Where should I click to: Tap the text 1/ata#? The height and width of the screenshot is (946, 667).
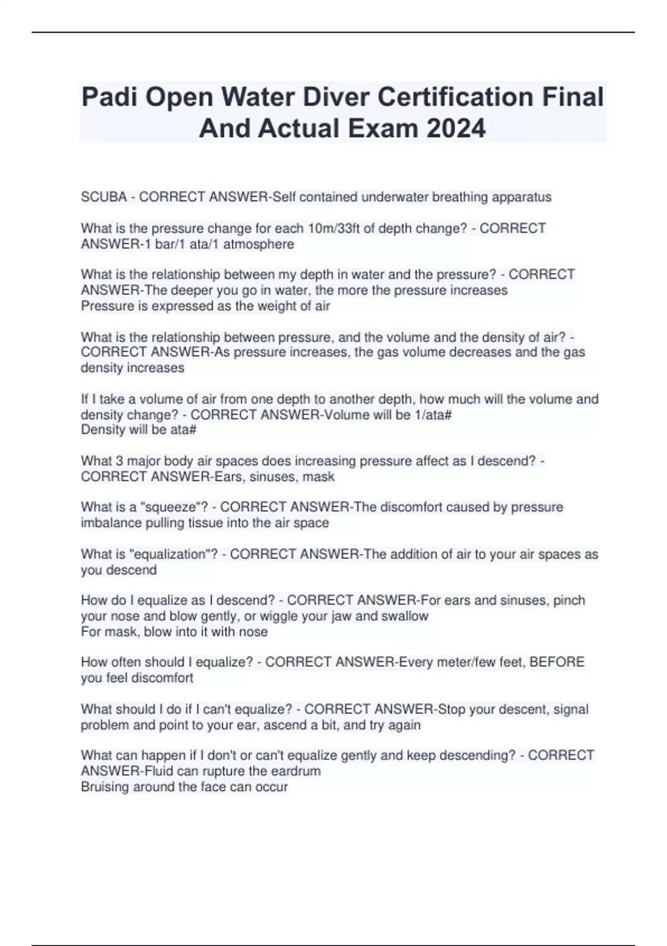(x=432, y=415)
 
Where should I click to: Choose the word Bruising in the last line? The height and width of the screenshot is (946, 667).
(x=104, y=787)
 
